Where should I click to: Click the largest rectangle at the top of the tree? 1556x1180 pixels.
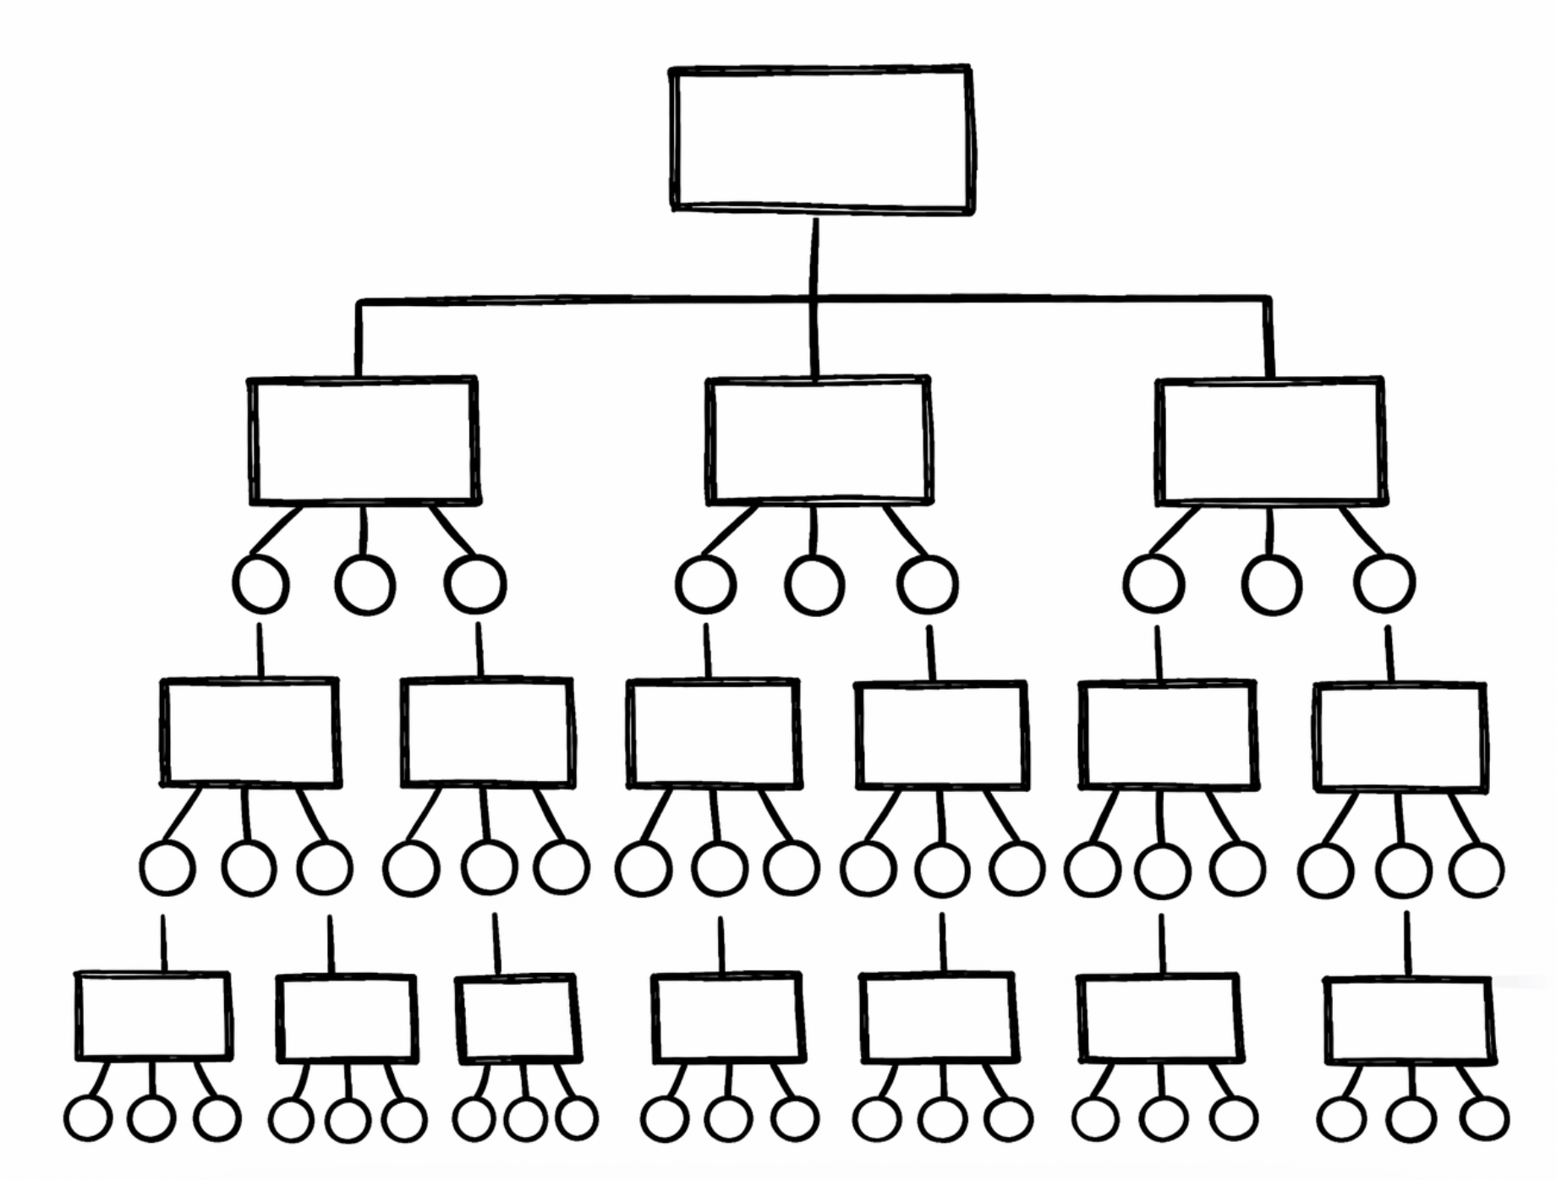pyautogui.click(x=823, y=139)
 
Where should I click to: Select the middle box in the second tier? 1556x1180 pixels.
pyautogui.click(x=819, y=440)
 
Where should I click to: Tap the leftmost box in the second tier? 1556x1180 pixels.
pyautogui.click(x=364, y=440)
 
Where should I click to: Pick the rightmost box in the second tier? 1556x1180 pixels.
pyautogui.click(x=1270, y=441)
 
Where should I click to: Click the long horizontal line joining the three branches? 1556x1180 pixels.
pyautogui.click(x=592, y=299)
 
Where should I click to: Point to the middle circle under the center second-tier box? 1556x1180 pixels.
pyautogui.click(x=814, y=584)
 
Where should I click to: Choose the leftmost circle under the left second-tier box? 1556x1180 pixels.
pyautogui.click(x=261, y=584)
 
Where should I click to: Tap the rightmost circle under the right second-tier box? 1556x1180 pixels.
pyautogui.click(x=1384, y=583)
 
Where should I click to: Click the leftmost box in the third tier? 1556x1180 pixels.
pyautogui.click(x=251, y=733)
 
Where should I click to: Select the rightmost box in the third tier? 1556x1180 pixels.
pyautogui.click(x=1400, y=737)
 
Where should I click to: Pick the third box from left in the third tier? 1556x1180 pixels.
pyautogui.click(x=714, y=734)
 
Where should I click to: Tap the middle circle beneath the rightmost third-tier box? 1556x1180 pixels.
pyautogui.click(x=1403, y=870)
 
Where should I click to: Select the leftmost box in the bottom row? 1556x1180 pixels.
pyautogui.click(x=153, y=1016)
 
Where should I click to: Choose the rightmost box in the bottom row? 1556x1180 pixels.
pyautogui.click(x=1408, y=1019)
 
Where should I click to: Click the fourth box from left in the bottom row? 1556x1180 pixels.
pyautogui.click(x=726, y=1018)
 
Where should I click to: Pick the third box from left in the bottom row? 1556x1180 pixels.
pyautogui.click(x=518, y=1019)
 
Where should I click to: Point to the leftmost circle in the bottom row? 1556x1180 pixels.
pyautogui.click(x=88, y=1117)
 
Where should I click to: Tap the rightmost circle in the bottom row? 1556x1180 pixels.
pyautogui.click(x=1483, y=1117)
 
